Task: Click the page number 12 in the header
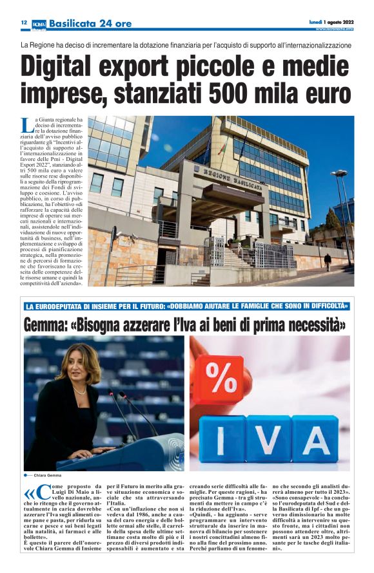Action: [23, 23]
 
